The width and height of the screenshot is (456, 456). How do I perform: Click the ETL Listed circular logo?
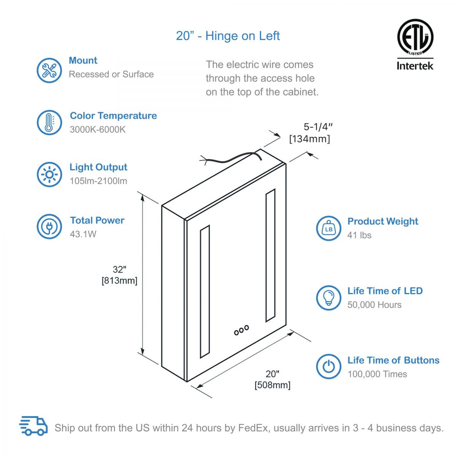tap(415, 37)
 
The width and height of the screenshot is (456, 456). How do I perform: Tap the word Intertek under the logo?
tap(415, 66)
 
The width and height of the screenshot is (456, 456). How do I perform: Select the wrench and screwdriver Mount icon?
tap(49, 70)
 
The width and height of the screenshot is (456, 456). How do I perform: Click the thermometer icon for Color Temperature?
tap(49, 122)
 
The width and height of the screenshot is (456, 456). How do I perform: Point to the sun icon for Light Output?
tap(49, 174)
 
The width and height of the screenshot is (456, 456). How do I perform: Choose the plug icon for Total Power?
tap(49, 226)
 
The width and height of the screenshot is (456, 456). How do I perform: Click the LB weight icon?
tap(328, 228)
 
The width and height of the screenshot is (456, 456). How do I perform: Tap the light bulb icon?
tap(328, 298)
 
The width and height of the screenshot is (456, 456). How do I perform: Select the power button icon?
tap(328, 366)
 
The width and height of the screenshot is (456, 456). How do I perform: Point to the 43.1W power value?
tap(83, 234)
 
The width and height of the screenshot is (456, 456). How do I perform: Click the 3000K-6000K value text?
tap(98, 130)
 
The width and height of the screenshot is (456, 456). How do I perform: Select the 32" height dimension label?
tap(119, 269)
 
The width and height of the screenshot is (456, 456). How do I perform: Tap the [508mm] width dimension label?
tap(272, 385)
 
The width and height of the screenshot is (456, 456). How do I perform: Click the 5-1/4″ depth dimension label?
tap(318, 127)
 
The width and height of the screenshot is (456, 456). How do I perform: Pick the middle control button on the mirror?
tap(241, 330)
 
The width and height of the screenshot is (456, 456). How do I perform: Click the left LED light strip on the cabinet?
tap(205, 291)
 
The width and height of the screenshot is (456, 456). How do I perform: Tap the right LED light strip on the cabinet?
tap(271, 256)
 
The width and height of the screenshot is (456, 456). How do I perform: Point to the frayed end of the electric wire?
tap(204, 160)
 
